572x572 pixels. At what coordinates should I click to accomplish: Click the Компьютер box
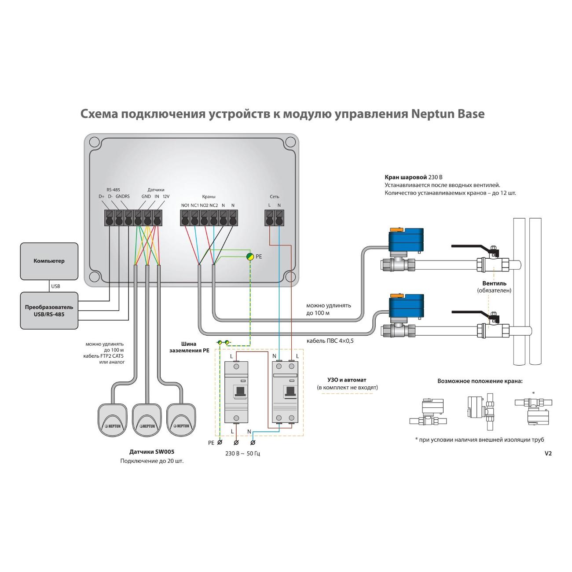[x=49, y=261]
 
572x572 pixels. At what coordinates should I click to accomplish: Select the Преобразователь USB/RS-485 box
[x=49, y=311]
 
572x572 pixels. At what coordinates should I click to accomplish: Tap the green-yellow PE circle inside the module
[x=249, y=256]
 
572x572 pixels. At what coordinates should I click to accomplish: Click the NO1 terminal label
[x=185, y=205]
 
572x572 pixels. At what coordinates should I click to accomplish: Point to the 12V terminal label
[x=166, y=196]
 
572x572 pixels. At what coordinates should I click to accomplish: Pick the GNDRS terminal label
[x=122, y=196]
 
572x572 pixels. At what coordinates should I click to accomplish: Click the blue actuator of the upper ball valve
[x=406, y=242]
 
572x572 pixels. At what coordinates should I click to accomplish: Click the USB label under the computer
[x=55, y=286]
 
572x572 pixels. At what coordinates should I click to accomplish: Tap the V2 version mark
[x=548, y=453]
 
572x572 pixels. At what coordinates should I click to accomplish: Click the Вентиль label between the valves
[x=494, y=283]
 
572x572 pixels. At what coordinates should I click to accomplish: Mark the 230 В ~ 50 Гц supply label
[x=242, y=453]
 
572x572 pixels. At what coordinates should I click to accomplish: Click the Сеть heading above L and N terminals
[x=274, y=197]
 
